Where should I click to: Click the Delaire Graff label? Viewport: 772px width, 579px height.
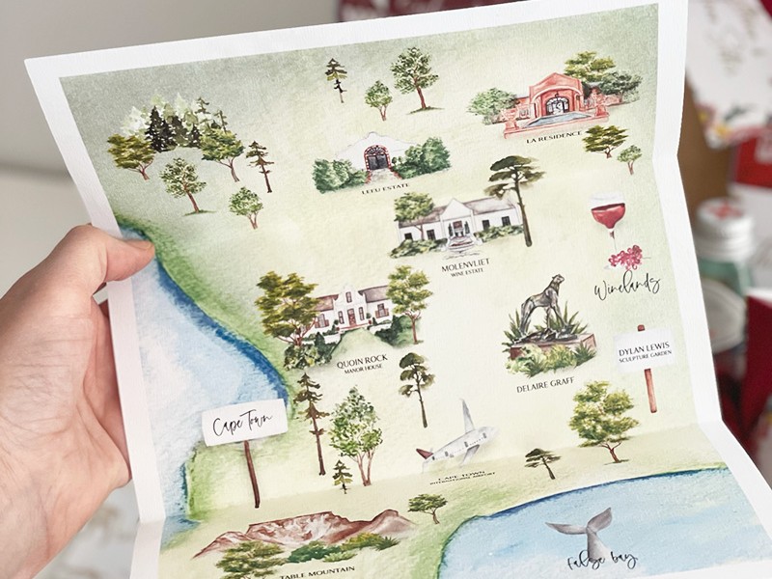point(545,387)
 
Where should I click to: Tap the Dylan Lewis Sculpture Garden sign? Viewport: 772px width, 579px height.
point(647,350)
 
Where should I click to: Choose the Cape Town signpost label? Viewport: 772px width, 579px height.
point(243,422)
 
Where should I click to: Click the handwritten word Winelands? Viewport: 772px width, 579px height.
point(627,284)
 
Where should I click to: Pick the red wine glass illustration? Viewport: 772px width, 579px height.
point(607,214)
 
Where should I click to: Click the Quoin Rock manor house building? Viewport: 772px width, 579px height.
point(353,307)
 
